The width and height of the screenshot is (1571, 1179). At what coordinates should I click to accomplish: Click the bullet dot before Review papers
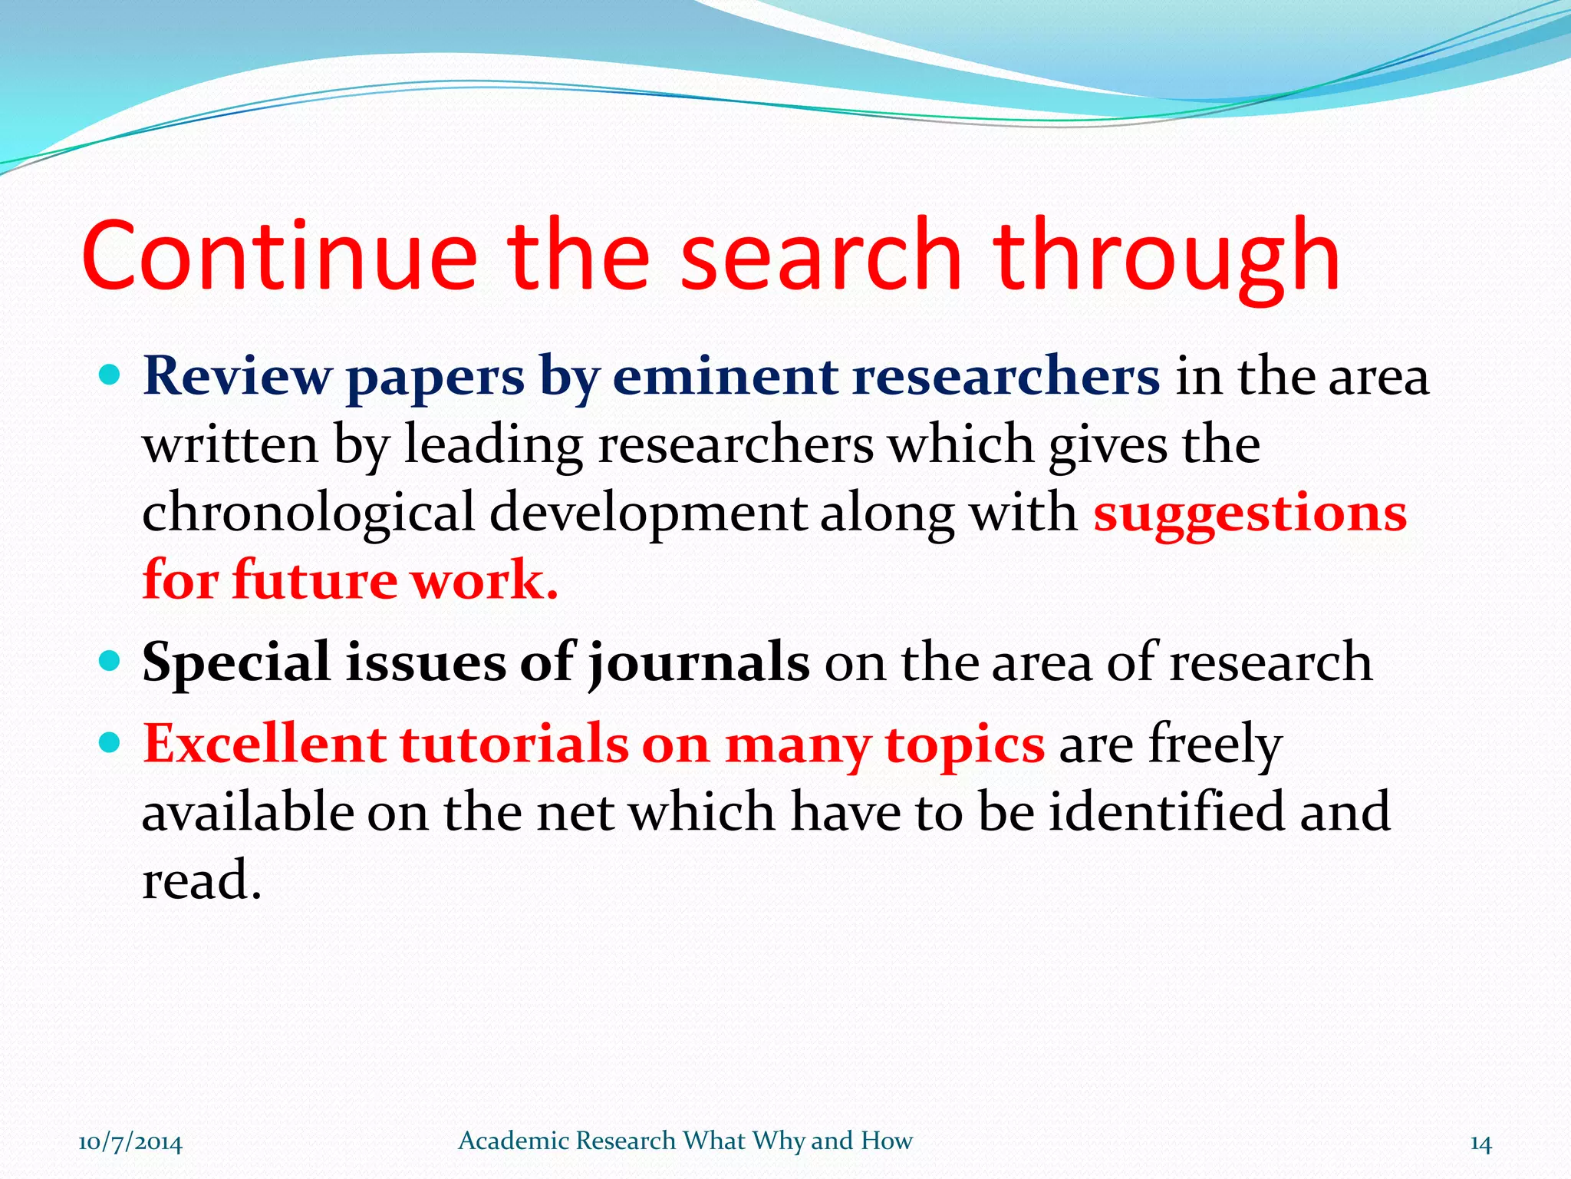(110, 375)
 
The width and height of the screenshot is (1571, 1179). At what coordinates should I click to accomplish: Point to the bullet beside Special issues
(110, 661)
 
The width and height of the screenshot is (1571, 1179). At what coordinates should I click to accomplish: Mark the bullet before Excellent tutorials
(110, 742)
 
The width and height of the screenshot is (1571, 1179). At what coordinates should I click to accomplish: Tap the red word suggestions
(1250, 513)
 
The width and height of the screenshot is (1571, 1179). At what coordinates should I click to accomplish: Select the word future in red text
(315, 580)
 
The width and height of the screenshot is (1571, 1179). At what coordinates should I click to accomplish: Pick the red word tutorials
(514, 744)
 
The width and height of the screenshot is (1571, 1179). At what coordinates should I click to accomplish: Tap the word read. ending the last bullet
(202, 880)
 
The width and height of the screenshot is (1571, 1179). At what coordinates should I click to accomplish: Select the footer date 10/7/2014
(130, 1142)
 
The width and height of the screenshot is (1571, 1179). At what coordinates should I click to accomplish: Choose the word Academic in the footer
(513, 1141)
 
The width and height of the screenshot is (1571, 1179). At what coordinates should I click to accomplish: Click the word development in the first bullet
(647, 513)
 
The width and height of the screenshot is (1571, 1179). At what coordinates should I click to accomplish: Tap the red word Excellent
(265, 744)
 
